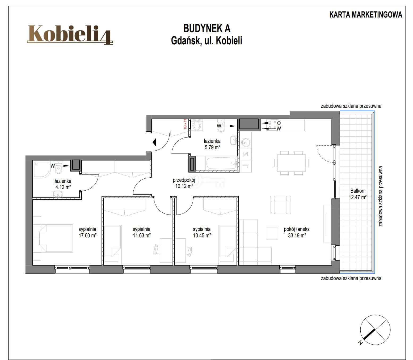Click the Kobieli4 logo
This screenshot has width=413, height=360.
(x=70, y=35)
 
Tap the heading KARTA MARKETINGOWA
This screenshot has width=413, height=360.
(x=366, y=15)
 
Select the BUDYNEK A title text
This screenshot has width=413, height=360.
(x=207, y=28)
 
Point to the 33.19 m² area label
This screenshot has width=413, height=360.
(x=297, y=235)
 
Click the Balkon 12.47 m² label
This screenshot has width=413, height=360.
(x=357, y=194)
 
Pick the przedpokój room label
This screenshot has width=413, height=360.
(x=184, y=180)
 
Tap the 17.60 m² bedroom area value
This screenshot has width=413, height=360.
(x=87, y=235)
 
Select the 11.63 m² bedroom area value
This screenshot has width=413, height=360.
(x=142, y=235)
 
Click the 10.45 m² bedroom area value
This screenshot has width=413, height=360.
(x=202, y=235)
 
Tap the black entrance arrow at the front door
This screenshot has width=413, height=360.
(x=154, y=142)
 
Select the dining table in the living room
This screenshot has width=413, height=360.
(x=291, y=163)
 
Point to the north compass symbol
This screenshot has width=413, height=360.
(x=375, y=330)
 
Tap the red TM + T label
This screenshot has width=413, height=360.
(x=185, y=124)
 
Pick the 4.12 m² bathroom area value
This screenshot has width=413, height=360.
(x=63, y=187)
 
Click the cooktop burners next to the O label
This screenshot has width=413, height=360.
(x=271, y=125)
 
